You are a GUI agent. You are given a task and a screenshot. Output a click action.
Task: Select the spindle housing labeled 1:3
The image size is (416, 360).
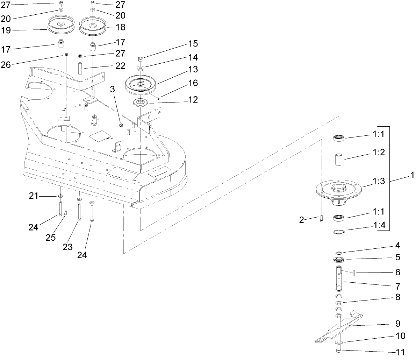point(338,190)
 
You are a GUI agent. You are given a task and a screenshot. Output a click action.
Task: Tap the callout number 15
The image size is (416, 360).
point(193,44)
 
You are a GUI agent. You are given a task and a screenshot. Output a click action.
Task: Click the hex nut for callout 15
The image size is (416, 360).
point(141,58)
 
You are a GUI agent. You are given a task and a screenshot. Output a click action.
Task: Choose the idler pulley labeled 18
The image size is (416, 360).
point(93,26)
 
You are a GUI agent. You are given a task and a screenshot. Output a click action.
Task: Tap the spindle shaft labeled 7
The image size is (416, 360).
point(338,278)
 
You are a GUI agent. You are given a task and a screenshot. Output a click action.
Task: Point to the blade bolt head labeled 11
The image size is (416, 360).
point(339,351)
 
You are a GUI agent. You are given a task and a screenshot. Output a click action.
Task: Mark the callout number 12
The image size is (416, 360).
point(193,100)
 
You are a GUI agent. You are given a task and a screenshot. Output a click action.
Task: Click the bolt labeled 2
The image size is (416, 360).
point(321,219)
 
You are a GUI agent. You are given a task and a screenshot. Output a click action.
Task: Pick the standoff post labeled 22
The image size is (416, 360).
point(80,68)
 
